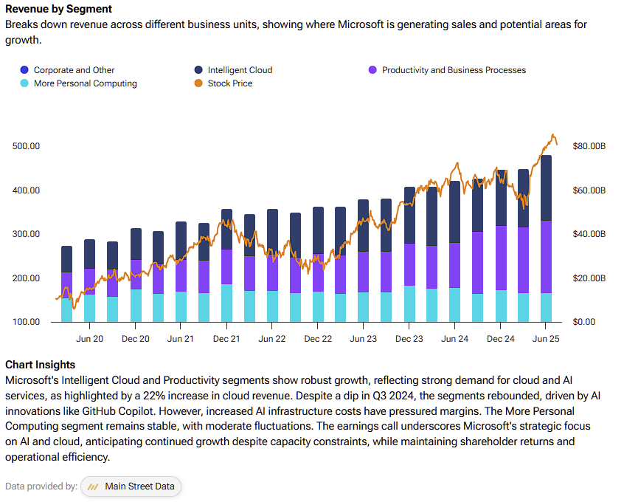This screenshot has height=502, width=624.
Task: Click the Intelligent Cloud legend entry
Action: click(x=233, y=70)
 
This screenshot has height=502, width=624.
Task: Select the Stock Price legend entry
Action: click(x=223, y=83)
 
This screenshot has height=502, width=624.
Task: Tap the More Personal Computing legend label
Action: click(x=85, y=83)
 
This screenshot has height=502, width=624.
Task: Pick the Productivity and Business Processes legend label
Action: click(x=454, y=70)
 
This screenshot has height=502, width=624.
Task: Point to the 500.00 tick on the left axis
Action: click(x=27, y=146)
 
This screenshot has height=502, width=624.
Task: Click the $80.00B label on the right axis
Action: click(x=589, y=146)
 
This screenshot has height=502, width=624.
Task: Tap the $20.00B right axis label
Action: click(x=589, y=278)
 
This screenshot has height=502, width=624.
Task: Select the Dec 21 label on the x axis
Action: click(x=226, y=339)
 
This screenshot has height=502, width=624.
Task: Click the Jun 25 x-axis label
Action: click(x=546, y=339)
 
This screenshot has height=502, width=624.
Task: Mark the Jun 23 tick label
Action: click(x=363, y=339)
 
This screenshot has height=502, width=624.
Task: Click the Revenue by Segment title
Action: click(x=58, y=9)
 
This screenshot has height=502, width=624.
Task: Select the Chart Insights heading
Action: click(x=40, y=365)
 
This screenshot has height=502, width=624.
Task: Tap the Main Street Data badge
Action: click(x=131, y=486)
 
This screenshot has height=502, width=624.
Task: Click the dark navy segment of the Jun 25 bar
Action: click(x=546, y=188)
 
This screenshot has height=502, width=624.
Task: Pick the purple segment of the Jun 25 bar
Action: click(x=546, y=257)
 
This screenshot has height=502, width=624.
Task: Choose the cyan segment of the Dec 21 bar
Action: click(x=227, y=303)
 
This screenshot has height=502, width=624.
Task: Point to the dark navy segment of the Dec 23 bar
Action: click(x=409, y=215)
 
